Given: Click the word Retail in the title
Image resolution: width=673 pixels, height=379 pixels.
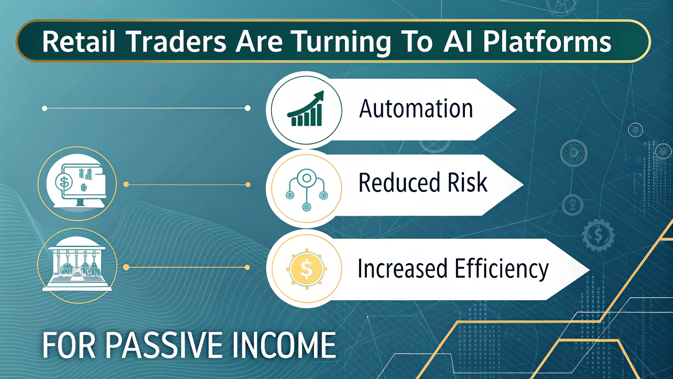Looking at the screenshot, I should (79, 42).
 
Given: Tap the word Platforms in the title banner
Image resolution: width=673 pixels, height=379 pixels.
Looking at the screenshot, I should (546, 42).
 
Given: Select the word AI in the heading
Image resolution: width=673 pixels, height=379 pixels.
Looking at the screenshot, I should (458, 42).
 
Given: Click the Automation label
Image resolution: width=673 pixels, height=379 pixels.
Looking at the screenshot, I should (416, 109).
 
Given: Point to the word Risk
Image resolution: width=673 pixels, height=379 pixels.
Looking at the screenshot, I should (467, 183).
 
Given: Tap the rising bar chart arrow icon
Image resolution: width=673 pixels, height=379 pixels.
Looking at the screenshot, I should (306, 109).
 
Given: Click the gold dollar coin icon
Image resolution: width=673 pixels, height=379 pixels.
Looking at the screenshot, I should (306, 269).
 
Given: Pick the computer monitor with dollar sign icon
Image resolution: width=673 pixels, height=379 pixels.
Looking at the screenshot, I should (77, 184).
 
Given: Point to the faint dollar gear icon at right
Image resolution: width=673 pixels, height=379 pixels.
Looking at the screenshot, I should (598, 235).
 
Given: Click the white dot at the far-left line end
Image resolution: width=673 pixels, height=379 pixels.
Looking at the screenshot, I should (45, 109).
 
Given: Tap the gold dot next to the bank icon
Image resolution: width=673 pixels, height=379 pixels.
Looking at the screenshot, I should (126, 267).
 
